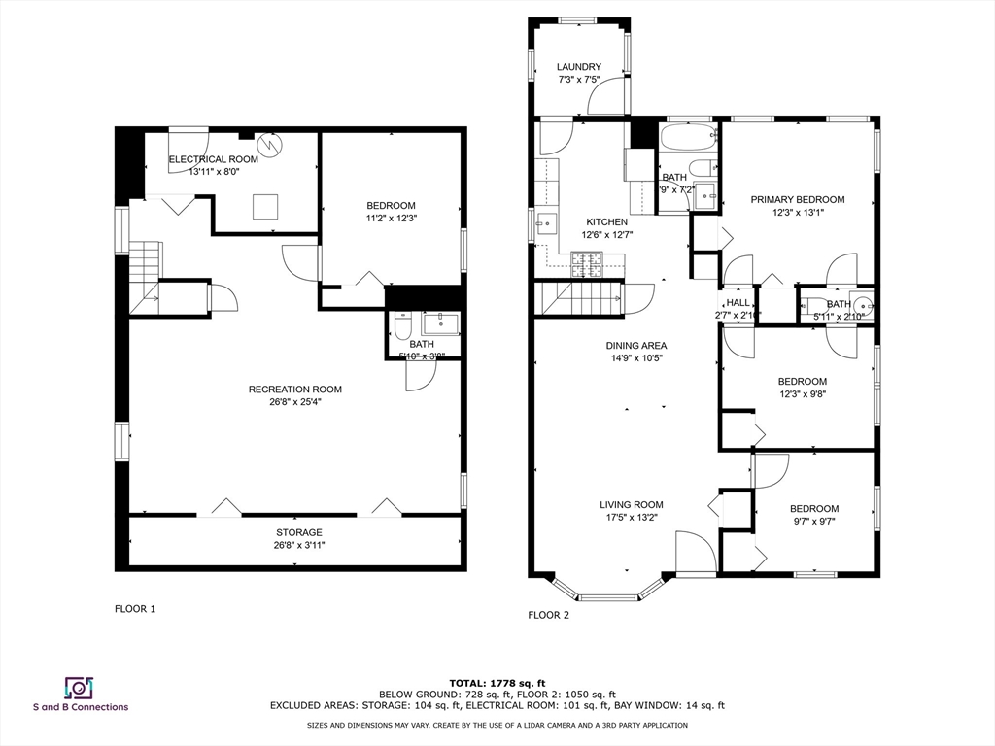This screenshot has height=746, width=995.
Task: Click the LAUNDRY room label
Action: pos(578,67)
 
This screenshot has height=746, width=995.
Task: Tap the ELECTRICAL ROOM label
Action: pos(214,159)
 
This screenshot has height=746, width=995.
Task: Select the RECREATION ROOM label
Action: pos(294,390)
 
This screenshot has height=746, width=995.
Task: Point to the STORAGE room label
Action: pos(298,532)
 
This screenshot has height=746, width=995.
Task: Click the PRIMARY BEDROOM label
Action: pos(797,200)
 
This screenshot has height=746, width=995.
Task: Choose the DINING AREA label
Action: pos(636,346)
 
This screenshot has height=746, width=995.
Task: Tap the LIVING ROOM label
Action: pos(631,505)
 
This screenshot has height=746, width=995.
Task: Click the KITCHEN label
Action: pos(605,222)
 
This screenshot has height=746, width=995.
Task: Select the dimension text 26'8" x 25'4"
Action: pos(294,402)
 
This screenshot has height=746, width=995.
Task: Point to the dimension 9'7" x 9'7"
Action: pos(813,522)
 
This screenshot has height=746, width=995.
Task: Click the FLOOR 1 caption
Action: pos(135,609)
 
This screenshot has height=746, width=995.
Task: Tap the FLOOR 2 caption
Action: pos(548,615)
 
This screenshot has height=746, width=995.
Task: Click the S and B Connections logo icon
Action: pos(79,688)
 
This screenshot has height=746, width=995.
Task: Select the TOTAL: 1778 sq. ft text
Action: pos(497,683)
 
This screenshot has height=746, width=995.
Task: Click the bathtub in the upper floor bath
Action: pos(688,137)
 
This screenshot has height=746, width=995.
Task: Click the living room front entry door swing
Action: pos(696,552)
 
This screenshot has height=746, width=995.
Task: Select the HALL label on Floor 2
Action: pos(738,303)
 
